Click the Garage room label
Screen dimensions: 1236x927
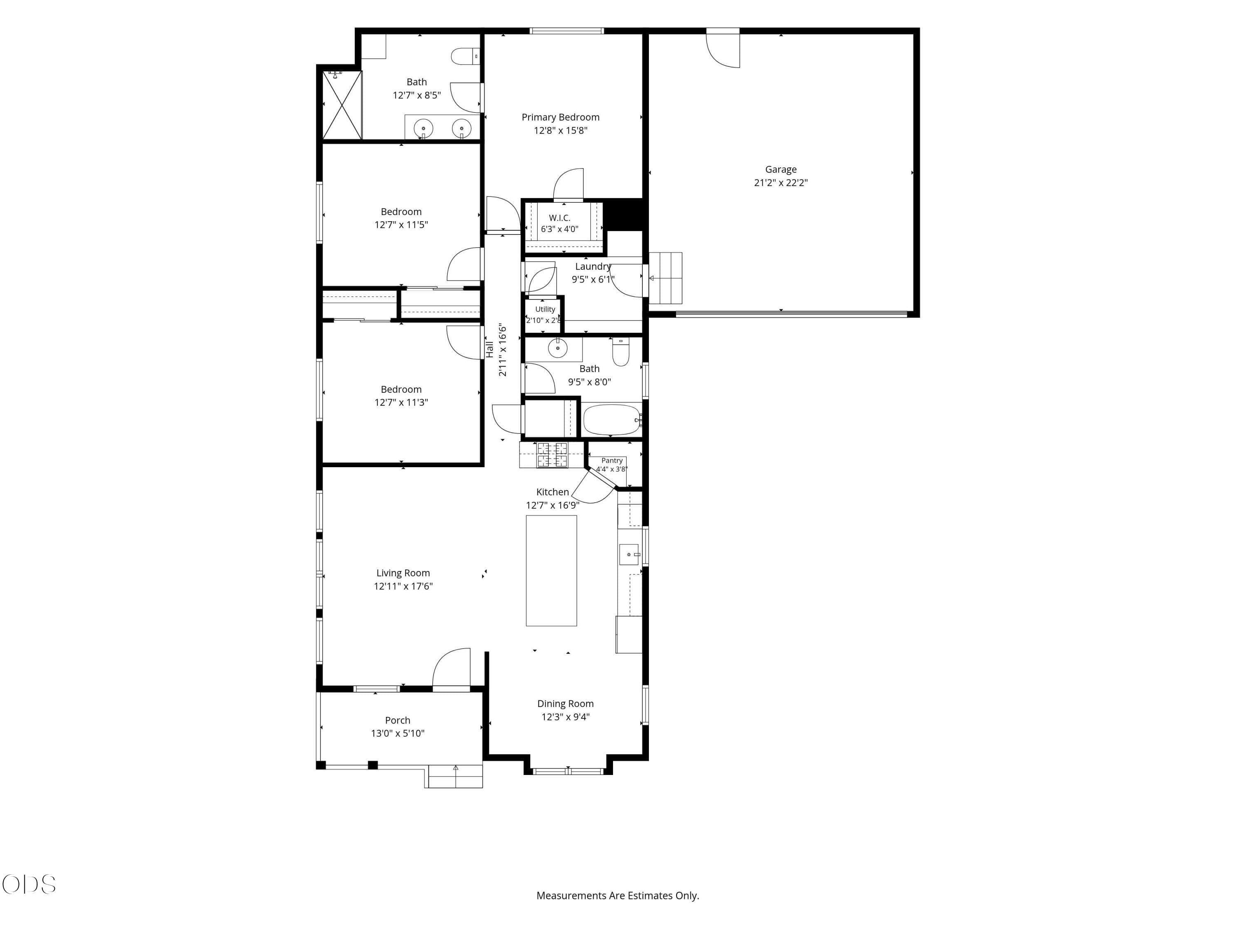pyautogui.click(x=781, y=169)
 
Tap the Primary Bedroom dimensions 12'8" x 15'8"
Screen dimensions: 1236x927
pyautogui.click(x=560, y=131)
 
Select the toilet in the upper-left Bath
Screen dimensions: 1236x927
pyautogui.click(x=465, y=56)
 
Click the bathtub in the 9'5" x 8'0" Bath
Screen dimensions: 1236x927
pyautogui.click(x=612, y=420)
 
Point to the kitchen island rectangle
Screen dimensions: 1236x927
pyautogui.click(x=551, y=571)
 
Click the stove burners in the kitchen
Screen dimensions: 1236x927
pyautogui.click(x=552, y=454)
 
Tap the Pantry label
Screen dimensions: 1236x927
pyautogui.click(x=612, y=461)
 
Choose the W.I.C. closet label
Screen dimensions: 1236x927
pyautogui.click(x=559, y=218)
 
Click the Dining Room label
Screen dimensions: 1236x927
pyautogui.click(x=566, y=704)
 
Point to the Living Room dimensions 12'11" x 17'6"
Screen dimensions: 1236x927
pyautogui.click(x=403, y=586)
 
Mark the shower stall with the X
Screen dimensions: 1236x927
pyautogui.click(x=342, y=105)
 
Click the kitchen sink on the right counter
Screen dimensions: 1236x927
pyautogui.click(x=630, y=554)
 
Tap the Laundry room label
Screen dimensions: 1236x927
pyautogui.click(x=593, y=267)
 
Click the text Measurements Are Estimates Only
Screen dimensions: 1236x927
pyautogui.click(x=618, y=895)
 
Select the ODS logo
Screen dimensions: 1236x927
pyautogui.click(x=29, y=884)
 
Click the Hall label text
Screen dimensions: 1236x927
pyautogui.click(x=489, y=349)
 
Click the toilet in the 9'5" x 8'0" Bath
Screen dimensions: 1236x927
pyautogui.click(x=621, y=351)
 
